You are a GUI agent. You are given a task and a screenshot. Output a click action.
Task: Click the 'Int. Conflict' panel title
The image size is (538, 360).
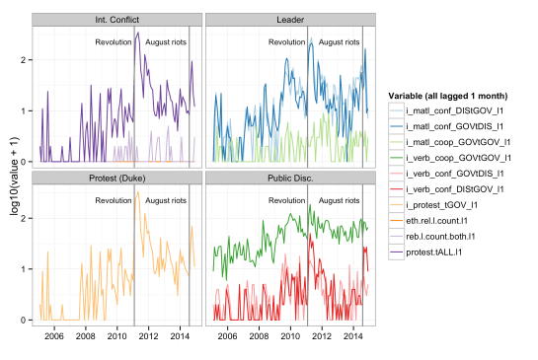pos(115,20)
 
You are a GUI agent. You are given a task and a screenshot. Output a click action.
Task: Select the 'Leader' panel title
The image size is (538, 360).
pos(288,20)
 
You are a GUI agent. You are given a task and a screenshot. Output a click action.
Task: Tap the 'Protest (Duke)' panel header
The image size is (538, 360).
pos(115,178)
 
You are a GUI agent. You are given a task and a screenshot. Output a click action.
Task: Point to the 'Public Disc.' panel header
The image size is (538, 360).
pos(288,178)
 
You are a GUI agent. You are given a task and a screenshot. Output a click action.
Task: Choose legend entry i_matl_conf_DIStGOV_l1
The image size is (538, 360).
pos(457,111)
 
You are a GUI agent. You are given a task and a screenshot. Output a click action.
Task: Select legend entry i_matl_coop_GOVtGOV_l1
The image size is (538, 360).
pos(457,142)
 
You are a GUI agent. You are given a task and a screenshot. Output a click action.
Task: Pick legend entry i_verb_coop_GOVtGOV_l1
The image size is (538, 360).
pos(457,157)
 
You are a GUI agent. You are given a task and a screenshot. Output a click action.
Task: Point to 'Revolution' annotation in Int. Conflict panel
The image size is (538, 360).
pos(113,42)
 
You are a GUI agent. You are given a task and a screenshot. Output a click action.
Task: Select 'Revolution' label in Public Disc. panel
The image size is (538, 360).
pos(286,200)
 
